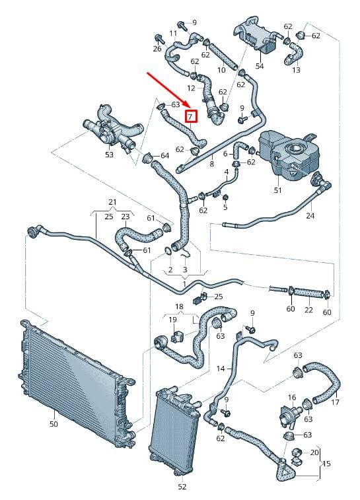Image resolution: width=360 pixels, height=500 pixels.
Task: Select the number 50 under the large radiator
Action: [x=54, y=424]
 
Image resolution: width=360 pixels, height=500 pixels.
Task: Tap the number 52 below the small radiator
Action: [x=182, y=487]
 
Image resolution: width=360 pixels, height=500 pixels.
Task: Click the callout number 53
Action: [x=109, y=155]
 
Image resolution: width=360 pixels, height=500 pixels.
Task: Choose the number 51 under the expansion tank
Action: [x=277, y=190]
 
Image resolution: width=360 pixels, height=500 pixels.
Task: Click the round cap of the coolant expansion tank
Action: [x=294, y=149]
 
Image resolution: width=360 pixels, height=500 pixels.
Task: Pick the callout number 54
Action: [x=260, y=66]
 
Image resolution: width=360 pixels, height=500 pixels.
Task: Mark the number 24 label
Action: [x=310, y=216]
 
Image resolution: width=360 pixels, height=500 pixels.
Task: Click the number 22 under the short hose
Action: [x=308, y=309]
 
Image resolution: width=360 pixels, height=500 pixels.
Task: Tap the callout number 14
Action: [x=221, y=369]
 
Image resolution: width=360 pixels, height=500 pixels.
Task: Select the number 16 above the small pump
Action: [x=292, y=398]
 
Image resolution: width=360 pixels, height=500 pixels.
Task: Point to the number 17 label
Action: [x=335, y=402]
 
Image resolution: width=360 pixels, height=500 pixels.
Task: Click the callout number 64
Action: [x=164, y=156]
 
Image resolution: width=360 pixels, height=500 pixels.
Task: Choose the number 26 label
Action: [x=157, y=49]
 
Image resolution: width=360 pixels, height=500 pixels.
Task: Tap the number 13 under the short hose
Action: [x=296, y=69]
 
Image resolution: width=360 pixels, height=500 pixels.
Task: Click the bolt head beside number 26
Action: [x=159, y=38]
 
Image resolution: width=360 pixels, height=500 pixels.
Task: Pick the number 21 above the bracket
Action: [x=112, y=202]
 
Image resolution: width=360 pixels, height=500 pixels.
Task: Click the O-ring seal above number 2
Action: [x=168, y=251]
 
